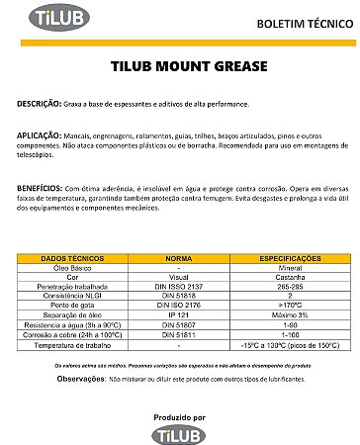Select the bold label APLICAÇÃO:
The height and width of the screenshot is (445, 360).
pyautogui.click(x=42, y=133)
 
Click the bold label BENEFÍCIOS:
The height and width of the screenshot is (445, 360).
pyautogui.click(x=41, y=187)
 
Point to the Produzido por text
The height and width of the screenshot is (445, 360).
pyautogui.click(x=179, y=416)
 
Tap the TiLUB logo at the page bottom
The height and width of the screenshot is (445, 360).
pyautogui.click(x=179, y=432)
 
